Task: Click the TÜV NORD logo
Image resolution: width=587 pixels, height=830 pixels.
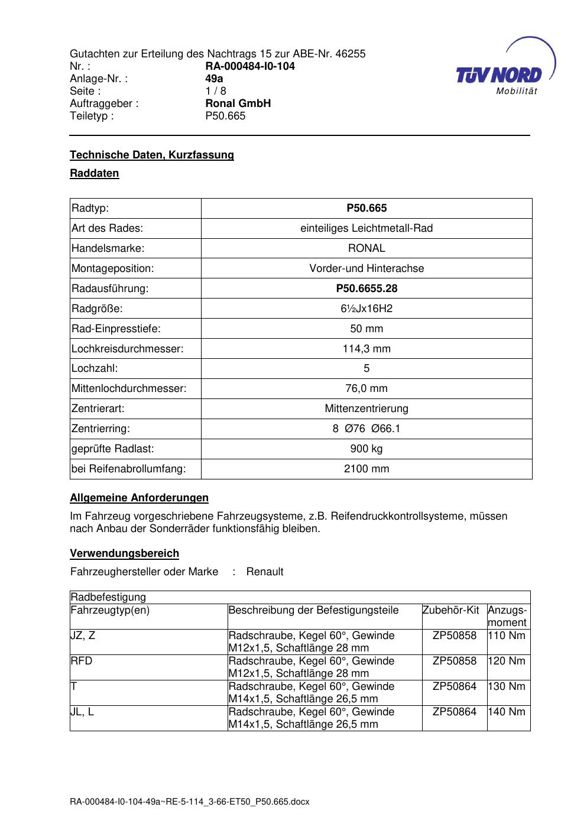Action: (x=500, y=75)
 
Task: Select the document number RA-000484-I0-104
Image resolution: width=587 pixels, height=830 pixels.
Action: (x=250, y=66)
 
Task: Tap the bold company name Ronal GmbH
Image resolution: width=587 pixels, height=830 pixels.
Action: (x=238, y=103)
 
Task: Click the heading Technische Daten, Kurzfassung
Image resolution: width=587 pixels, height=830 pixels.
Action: (x=152, y=155)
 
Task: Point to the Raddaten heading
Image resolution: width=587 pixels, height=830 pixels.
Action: (x=95, y=173)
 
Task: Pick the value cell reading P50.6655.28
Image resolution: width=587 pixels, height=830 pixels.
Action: (x=367, y=288)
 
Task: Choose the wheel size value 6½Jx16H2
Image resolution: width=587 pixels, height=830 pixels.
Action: (x=367, y=309)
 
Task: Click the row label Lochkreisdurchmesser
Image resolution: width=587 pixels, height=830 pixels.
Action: (x=128, y=349)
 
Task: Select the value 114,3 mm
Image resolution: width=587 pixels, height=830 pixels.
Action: (x=367, y=349)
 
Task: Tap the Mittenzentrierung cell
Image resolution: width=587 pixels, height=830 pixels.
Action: (x=367, y=408)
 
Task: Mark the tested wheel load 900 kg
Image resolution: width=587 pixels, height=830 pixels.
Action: (x=367, y=449)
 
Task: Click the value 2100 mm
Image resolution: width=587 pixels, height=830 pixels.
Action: (x=367, y=469)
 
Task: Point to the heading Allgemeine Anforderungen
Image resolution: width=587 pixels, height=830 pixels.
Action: (x=140, y=498)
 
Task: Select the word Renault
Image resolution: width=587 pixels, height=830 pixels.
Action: (x=265, y=572)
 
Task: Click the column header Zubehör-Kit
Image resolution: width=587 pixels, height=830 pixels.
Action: (x=450, y=610)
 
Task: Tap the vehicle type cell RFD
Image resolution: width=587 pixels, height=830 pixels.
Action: (x=82, y=661)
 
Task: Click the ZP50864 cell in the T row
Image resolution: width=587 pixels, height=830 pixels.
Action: (x=454, y=686)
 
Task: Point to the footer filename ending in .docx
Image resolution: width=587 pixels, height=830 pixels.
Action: (x=190, y=802)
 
